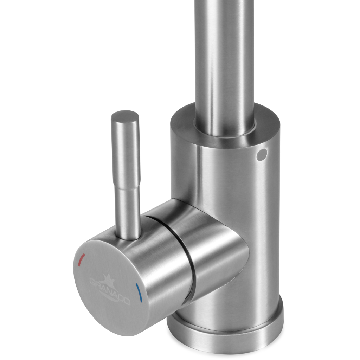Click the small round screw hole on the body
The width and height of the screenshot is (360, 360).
click(x=262, y=154)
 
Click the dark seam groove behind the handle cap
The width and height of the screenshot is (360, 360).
click(x=183, y=257)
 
